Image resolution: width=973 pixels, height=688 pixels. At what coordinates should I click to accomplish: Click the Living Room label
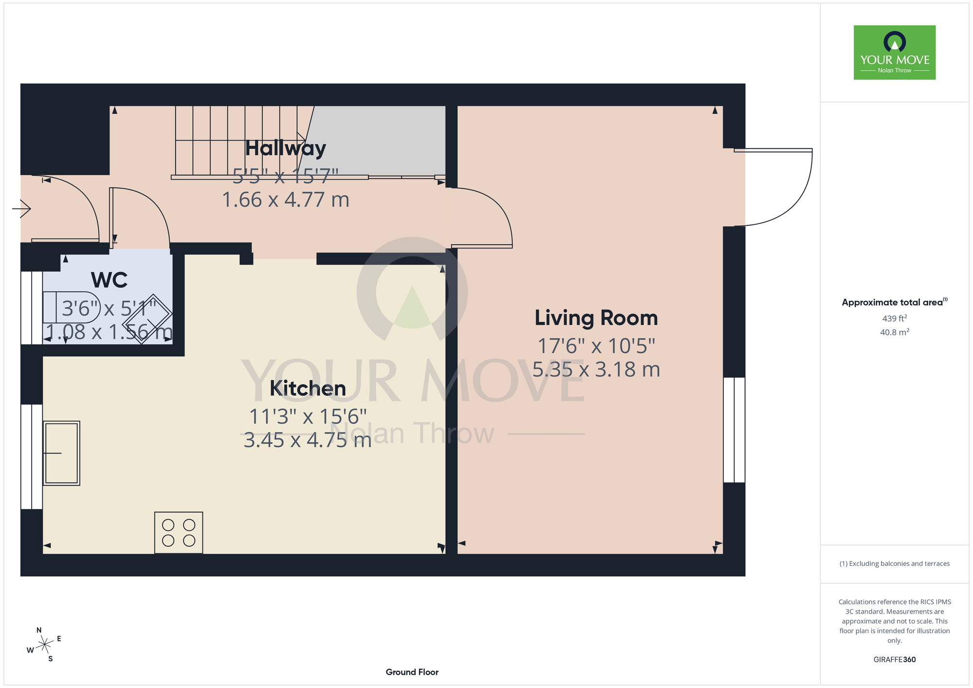[x=596, y=318]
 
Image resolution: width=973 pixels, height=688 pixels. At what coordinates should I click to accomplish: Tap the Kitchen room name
[x=307, y=388]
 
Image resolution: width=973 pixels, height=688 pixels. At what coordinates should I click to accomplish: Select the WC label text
[x=109, y=280]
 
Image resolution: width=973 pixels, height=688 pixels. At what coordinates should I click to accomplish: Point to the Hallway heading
[x=286, y=148]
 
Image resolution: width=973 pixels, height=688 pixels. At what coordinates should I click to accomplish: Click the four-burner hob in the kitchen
[x=179, y=532]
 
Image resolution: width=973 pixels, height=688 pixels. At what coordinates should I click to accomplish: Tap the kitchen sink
[x=61, y=453]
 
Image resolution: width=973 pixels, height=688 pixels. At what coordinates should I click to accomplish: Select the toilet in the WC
[x=71, y=307]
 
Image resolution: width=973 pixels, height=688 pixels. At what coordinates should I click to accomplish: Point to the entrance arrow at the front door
[x=21, y=209]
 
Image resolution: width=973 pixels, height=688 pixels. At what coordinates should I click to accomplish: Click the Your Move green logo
[x=895, y=53]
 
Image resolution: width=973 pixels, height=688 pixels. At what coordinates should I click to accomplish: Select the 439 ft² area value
[x=895, y=318]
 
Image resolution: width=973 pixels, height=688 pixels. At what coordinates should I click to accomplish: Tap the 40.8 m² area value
[x=895, y=332]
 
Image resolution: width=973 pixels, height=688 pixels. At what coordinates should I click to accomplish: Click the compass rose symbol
[x=44, y=645]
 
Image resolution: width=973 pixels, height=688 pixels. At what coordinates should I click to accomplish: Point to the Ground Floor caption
[x=412, y=672]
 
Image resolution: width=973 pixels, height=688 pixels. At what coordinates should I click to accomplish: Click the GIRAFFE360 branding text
[x=895, y=660]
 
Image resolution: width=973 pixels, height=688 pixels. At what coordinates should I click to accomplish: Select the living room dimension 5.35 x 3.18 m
[x=596, y=370]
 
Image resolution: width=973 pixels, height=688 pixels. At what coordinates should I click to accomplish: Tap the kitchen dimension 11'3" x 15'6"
[x=307, y=416]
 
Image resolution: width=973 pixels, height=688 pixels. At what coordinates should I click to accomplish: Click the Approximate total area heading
[x=895, y=302]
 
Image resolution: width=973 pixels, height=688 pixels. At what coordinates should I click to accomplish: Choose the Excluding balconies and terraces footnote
[x=895, y=563]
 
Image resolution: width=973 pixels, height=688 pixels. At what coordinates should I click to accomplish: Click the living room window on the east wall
[x=734, y=430]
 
